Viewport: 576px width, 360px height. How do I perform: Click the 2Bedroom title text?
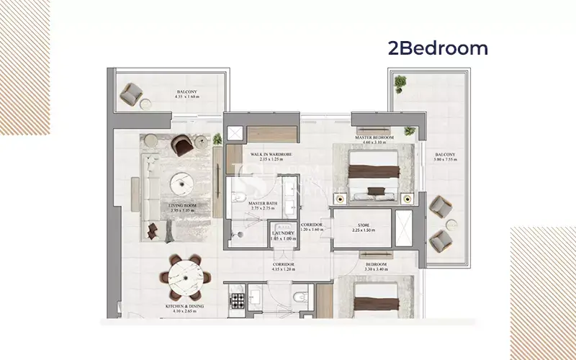[438, 49]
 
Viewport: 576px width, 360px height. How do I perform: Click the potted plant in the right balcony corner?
[400, 85]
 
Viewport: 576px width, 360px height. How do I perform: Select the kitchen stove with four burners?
[237, 302]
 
